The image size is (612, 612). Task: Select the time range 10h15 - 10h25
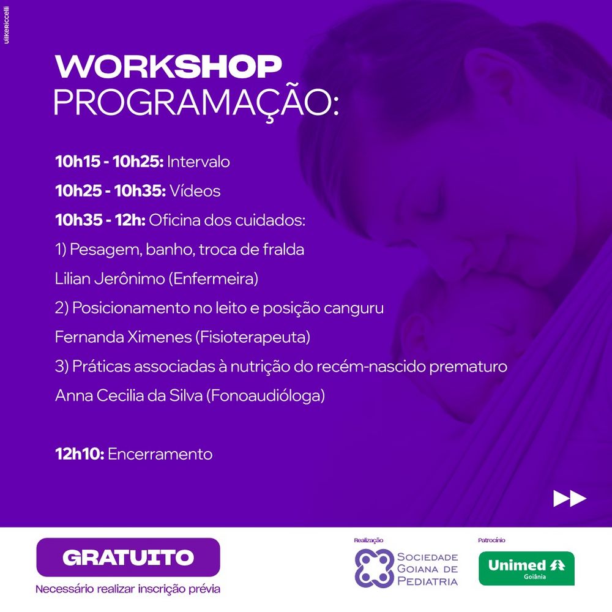click(110, 162)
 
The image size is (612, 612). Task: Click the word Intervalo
click(198, 162)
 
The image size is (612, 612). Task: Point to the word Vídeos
click(195, 190)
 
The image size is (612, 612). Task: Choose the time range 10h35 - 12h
click(100, 220)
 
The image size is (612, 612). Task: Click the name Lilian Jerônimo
click(110, 278)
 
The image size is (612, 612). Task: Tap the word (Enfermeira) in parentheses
click(214, 278)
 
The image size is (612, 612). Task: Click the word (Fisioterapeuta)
click(253, 337)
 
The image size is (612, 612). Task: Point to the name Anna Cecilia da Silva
click(129, 395)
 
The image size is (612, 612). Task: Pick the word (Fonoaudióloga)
click(266, 396)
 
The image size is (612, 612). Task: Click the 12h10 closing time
click(80, 454)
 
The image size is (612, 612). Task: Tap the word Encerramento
click(160, 454)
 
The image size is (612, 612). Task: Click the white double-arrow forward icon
click(569, 498)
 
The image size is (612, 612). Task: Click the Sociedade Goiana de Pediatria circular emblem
click(374, 569)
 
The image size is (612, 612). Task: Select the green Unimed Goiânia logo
click(526, 569)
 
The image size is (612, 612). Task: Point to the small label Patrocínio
click(491, 540)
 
